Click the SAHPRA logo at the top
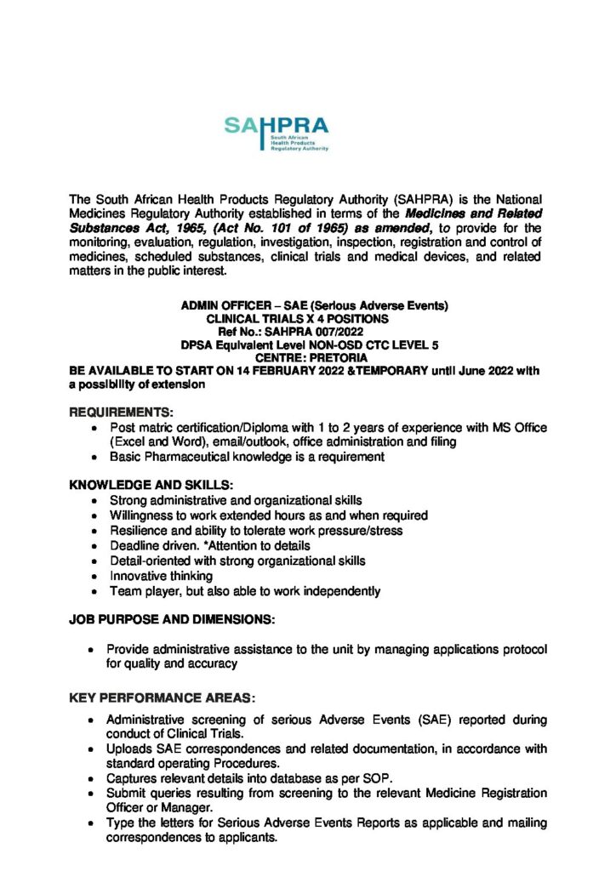tap(276, 133)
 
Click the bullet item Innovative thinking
tap(161, 577)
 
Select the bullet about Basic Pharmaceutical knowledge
tap(247, 457)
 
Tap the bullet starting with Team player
tap(244, 591)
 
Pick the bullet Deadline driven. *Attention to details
tap(209, 545)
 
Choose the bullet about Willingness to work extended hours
tap(268, 515)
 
